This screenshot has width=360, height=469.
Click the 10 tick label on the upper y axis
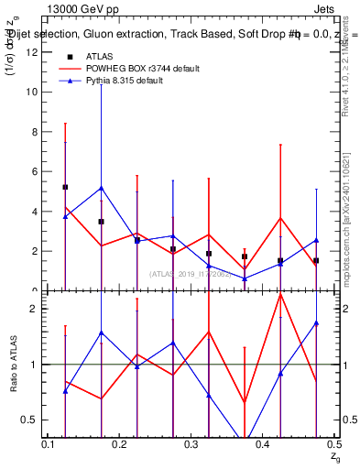pos(33,93)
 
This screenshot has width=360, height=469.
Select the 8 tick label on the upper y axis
pos(36,132)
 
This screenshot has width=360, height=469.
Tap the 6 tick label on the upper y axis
pos(36,171)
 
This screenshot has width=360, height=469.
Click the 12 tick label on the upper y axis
pos(33,52)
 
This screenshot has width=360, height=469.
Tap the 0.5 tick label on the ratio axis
pos(31,420)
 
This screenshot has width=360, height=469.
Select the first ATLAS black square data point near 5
pos(65,187)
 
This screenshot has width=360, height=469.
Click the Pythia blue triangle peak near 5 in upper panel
pos(101,188)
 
